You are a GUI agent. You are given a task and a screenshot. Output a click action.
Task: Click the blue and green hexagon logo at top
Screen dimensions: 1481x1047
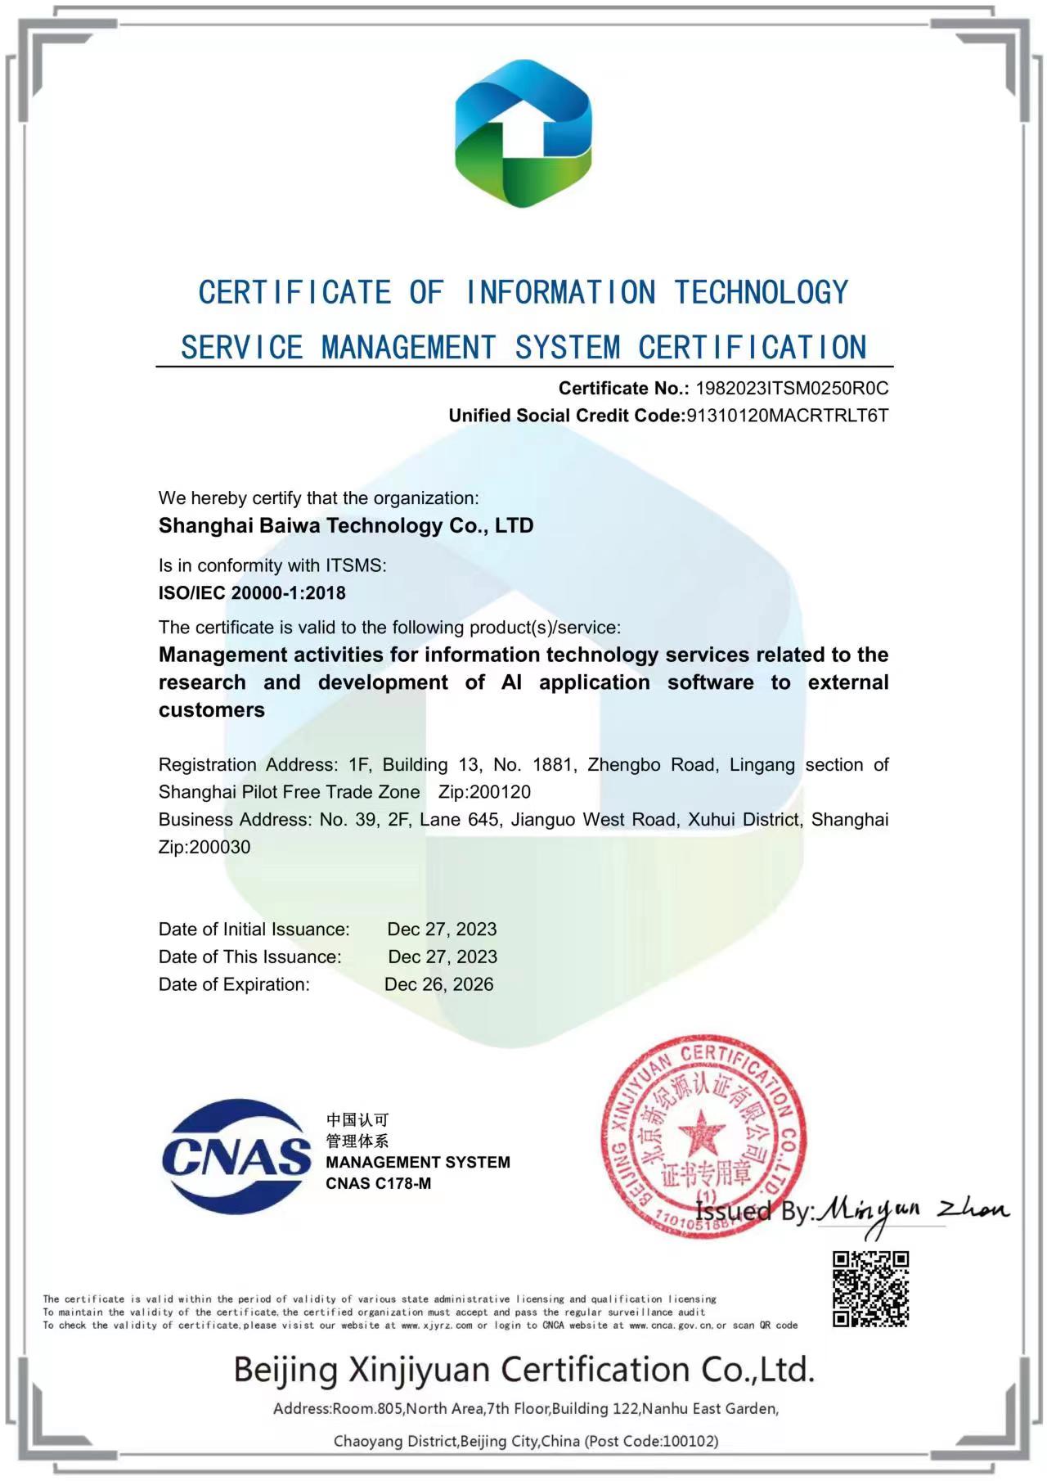[523, 133]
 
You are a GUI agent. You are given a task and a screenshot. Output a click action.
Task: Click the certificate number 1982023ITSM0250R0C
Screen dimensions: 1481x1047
[791, 388]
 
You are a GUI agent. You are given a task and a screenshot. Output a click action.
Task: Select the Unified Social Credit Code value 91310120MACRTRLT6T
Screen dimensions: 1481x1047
[787, 415]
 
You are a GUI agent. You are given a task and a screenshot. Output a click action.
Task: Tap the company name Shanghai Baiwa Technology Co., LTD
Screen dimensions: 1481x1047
[346, 525]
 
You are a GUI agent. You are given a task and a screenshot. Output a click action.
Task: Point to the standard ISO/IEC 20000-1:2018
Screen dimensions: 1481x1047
[252, 592]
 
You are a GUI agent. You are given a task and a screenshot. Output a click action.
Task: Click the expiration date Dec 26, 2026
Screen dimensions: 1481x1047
[439, 984]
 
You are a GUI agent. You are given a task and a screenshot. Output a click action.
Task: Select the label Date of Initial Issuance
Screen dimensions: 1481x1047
[254, 930]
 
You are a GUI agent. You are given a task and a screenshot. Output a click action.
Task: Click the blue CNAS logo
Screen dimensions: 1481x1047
[236, 1156]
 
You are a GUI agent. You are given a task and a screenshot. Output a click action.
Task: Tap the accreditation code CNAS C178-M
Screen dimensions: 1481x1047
[378, 1183]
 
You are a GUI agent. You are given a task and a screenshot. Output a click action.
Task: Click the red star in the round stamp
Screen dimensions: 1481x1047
[702, 1134]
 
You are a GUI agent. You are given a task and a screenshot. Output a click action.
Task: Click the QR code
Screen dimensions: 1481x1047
[871, 1289]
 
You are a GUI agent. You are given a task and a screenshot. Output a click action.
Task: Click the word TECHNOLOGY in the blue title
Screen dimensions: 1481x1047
[762, 293]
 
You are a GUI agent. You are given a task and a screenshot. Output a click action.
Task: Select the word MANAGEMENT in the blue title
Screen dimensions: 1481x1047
[408, 348]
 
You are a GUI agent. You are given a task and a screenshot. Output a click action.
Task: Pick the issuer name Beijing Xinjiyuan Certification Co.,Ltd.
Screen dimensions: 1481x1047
[523, 1369]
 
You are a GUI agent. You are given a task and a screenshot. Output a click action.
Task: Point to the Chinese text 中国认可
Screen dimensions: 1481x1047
[357, 1119]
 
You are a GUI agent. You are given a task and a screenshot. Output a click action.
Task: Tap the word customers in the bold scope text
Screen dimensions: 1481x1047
[212, 710]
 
